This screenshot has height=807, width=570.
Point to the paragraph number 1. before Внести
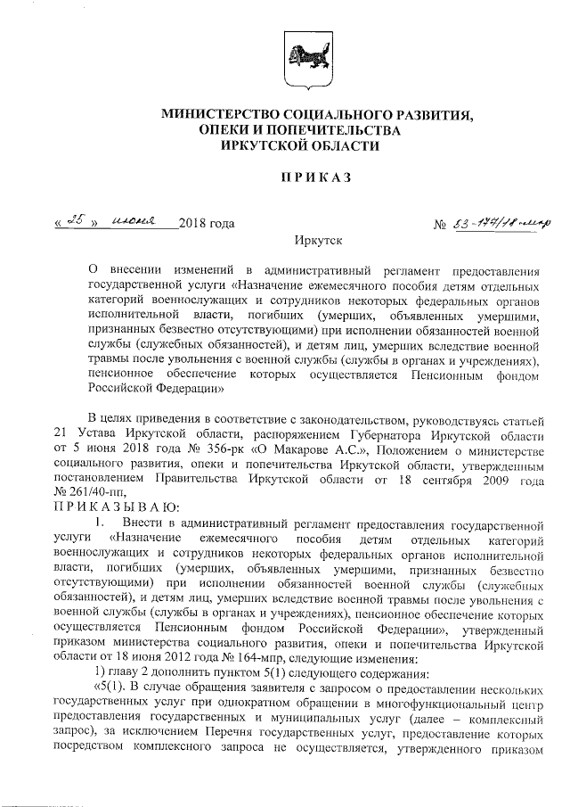pyautogui.click(x=100, y=522)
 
